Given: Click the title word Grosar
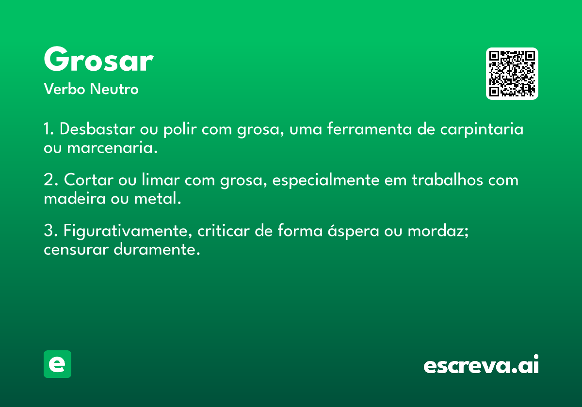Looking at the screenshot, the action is (99, 59).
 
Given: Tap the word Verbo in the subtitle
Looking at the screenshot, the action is (65, 89).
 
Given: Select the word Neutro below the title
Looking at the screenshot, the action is (114, 89).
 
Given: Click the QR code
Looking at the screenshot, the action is (512, 74).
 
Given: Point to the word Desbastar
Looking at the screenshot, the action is (97, 129).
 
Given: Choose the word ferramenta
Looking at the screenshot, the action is (369, 129).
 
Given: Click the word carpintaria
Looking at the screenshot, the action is (482, 129).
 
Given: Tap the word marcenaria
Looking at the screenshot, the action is (112, 148).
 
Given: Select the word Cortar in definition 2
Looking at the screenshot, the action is (89, 180).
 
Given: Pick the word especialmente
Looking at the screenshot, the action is (326, 180).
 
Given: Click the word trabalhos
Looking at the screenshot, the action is (447, 179).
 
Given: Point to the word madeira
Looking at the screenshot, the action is (75, 198).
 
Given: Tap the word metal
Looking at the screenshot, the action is (158, 198).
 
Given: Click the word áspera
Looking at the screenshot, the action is (354, 231).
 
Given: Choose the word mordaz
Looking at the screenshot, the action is (438, 231).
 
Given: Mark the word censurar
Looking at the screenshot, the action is (76, 250).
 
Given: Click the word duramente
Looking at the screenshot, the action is (157, 249).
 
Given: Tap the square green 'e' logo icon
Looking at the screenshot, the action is (57, 364).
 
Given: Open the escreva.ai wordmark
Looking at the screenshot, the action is (481, 364).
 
